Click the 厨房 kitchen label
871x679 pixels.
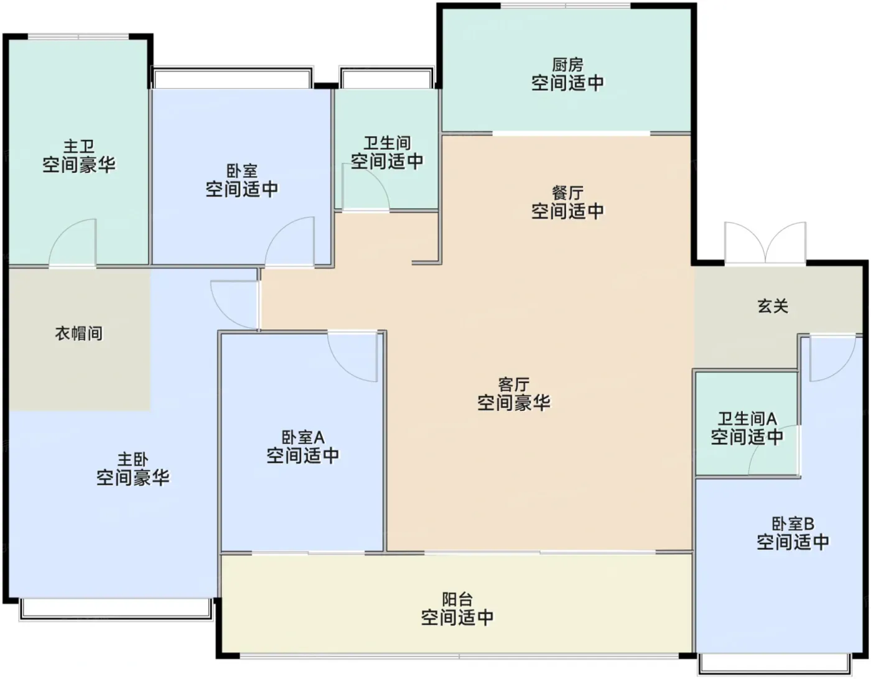[x=567, y=65]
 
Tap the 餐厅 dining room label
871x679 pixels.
[x=567, y=193]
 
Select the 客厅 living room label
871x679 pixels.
[x=513, y=384]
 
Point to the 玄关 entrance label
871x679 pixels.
[x=773, y=306]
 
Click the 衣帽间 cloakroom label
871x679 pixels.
[x=79, y=333]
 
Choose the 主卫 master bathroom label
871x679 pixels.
[x=79, y=147]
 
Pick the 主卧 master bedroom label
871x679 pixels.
[x=133, y=459]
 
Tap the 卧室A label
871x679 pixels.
[x=303, y=438]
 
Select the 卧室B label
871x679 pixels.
[x=793, y=524]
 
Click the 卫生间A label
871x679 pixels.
[x=747, y=419]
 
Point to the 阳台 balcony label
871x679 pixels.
[x=457, y=599]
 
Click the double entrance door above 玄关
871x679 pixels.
[x=765, y=243]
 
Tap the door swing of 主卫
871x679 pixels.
[x=73, y=242]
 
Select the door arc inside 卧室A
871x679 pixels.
[x=353, y=356]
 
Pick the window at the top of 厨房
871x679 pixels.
[x=566, y=6]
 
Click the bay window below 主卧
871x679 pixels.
[x=116, y=610]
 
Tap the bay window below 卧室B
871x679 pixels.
[x=775, y=664]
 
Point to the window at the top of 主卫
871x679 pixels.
[x=78, y=37]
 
